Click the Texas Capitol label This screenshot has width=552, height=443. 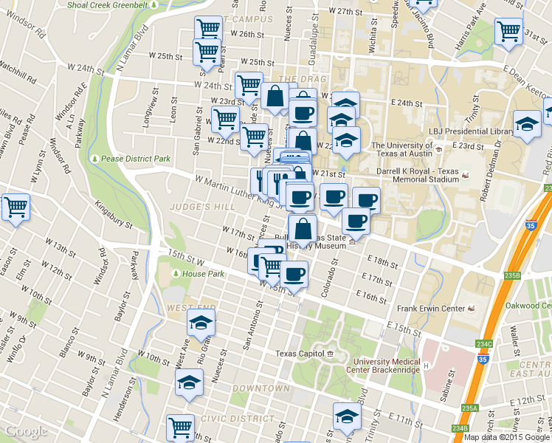coord(300,354)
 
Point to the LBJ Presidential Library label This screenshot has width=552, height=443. coord(471,131)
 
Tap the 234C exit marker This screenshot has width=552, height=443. coord(484,344)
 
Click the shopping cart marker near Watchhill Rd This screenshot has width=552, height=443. coord(15,207)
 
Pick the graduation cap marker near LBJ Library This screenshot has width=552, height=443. coord(527,124)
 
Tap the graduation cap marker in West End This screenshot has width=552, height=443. coord(201,322)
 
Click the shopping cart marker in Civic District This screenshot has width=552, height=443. coord(181,427)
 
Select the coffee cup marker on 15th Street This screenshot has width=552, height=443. coord(294,275)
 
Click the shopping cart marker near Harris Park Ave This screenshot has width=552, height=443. coord(508,32)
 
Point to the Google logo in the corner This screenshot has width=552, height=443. coord(26,431)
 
